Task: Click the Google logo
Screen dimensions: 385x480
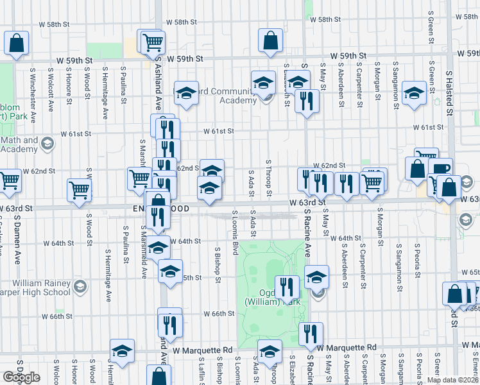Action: coord(21,377)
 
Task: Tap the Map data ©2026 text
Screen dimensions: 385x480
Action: coord(452,380)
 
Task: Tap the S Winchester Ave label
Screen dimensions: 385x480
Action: coord(32,87)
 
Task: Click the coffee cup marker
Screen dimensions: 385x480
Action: coord(441,169)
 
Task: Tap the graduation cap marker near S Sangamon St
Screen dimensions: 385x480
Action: coord(415,94)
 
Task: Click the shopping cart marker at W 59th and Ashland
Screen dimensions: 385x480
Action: coord(153,42)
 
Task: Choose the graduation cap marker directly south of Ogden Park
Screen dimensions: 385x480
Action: coord(270,351)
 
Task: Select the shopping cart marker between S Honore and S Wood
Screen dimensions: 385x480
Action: coord(79,189)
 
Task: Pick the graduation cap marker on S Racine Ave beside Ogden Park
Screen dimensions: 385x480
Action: coord(316,277)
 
